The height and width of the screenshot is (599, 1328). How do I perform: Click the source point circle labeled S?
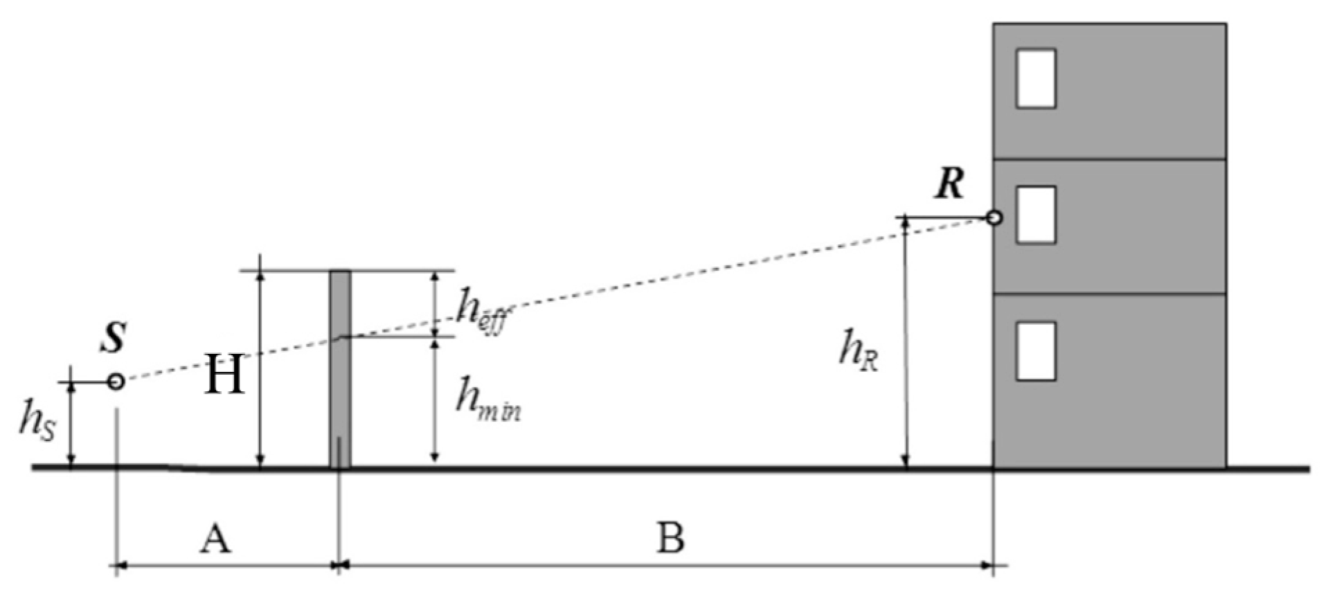(x=116, y=382)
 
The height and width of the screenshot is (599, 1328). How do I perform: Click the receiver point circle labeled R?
(x=994, y=218)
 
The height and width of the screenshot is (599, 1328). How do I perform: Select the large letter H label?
(x=224, y=375)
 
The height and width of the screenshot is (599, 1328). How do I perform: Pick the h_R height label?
(x=859, y=350)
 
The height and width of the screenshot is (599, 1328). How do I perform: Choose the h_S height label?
(x=37, y=421)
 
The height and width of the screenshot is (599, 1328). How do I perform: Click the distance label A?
(x=215, y=539)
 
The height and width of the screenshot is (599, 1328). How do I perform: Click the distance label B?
(x=670, y=538)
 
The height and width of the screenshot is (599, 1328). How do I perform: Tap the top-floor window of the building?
(x=1035, y=78)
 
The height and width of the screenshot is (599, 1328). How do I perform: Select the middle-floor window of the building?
(x=1035, y=215)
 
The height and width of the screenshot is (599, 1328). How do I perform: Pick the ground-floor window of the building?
(x=1035, y=351)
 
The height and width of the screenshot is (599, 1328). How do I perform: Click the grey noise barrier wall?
(x=340, y=367)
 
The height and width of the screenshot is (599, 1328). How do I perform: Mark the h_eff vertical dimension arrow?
(x=435, y=303)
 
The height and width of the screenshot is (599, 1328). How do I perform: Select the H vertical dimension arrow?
(x=260, y=367)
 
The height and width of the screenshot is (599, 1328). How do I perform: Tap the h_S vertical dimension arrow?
(x=70, y=424)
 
